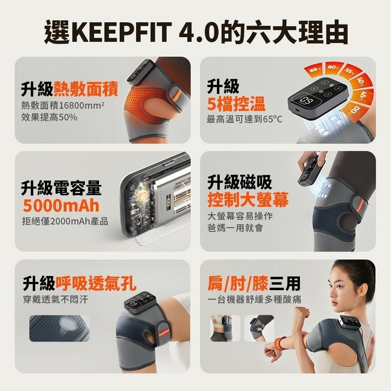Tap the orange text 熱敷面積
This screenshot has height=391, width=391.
coord(86,89)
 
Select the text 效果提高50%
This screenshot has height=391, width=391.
coord(49,117)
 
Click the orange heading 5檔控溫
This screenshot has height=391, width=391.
coord(236,104)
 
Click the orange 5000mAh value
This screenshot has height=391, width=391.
coord(61,205)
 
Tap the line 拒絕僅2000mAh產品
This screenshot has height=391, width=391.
coord(65,222)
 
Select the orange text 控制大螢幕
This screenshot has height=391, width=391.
coord(248,200)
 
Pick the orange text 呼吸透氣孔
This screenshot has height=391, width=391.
coord(96,283)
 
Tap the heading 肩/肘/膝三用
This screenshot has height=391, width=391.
coord(254,283)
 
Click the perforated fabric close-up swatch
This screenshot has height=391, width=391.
coord(59,328)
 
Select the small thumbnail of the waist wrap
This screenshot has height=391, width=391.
coord(225,328)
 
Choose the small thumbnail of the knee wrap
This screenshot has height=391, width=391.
coord(259,328)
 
